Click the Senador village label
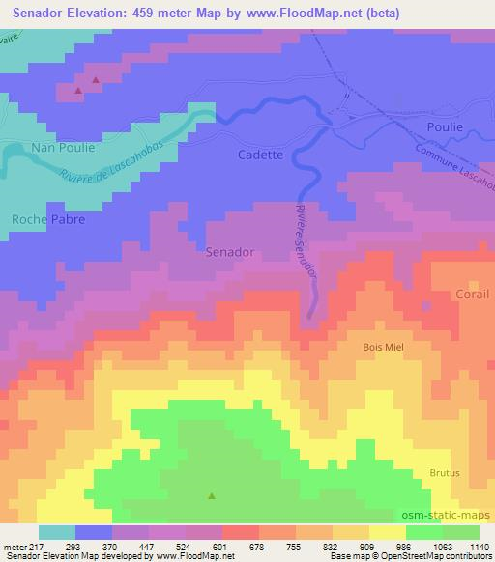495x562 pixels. (x=230, y=252)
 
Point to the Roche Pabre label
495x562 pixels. (x=48, y=219)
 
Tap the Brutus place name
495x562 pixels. (x=445, y=473)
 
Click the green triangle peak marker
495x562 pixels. (x=212, y=496)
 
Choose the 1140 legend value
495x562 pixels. (x=479, y=548)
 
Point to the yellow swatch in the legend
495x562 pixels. (x=388, y=532)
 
